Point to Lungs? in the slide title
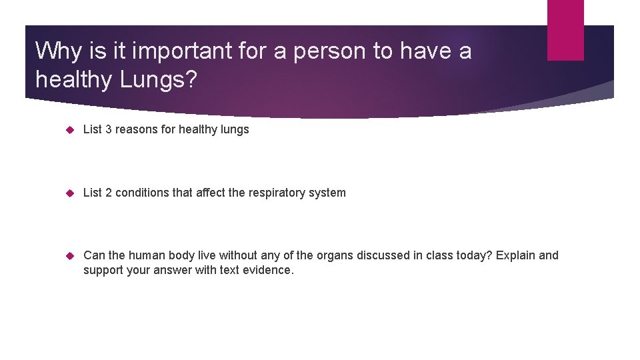(159, 79)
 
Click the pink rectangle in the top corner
(565, 30)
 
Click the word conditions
(142, 193)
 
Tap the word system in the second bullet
(328, 193)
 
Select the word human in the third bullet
(144, 255)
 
